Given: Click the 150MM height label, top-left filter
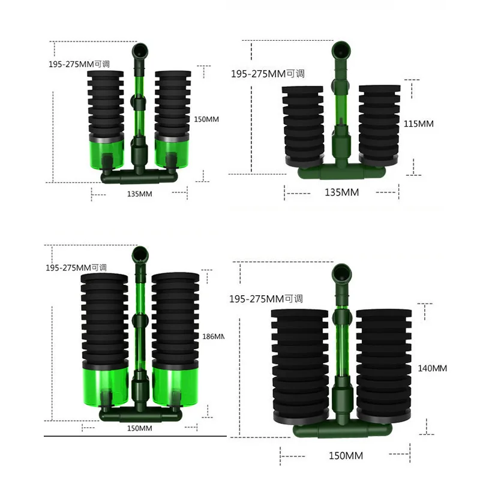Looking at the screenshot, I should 206,119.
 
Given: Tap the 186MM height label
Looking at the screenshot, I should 214,337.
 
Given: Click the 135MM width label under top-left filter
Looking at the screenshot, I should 140,194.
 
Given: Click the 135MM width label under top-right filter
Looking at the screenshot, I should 341,192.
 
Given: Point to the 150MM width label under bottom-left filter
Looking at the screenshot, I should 140,428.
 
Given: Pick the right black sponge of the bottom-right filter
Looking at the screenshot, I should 383,366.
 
